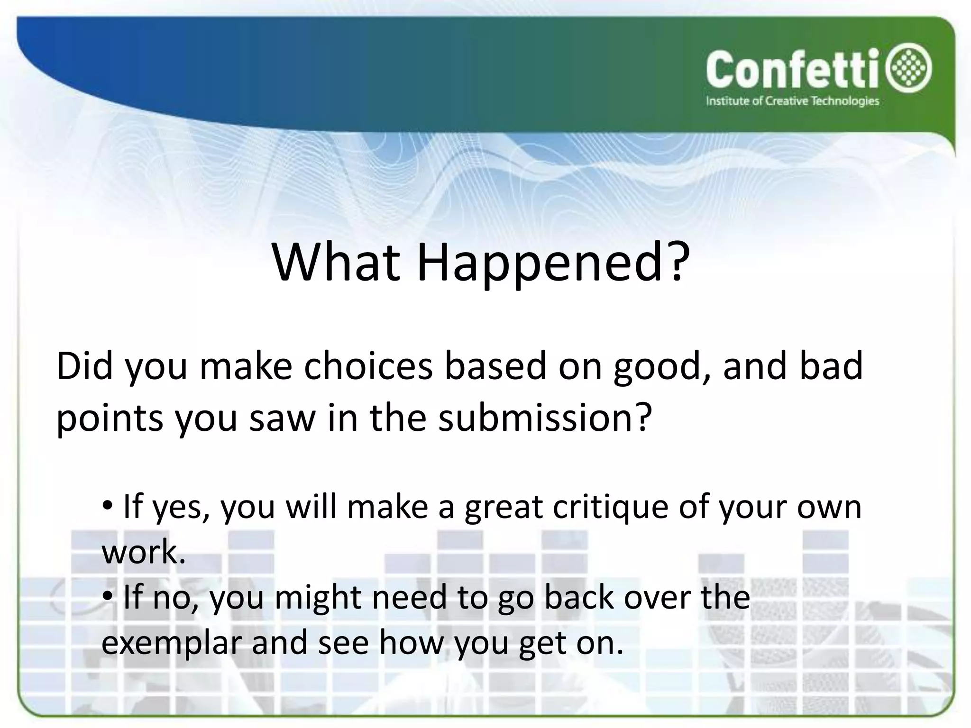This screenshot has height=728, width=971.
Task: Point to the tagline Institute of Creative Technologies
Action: tap(792, 101)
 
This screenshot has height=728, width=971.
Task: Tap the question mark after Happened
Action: tap(675, 262)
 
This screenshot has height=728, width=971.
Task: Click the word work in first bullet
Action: tap(140, 552)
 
